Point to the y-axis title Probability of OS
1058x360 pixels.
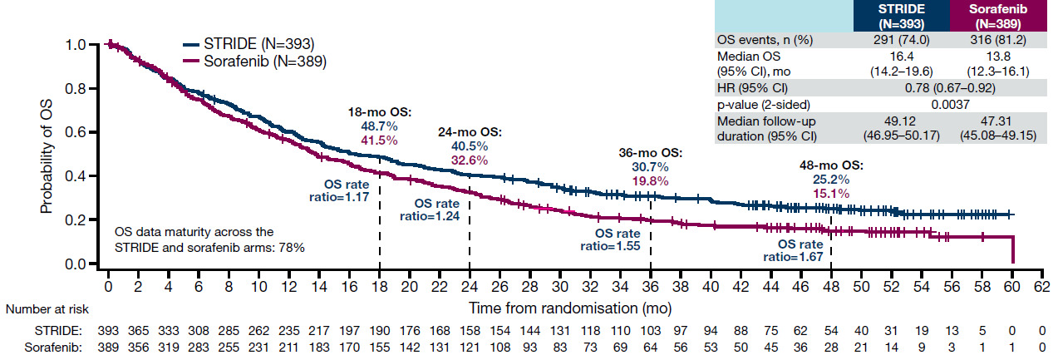coord(47,155)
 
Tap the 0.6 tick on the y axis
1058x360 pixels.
coord(85,132)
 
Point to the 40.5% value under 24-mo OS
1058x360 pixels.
coord(470,145)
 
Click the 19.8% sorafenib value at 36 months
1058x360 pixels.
coord(649,180)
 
